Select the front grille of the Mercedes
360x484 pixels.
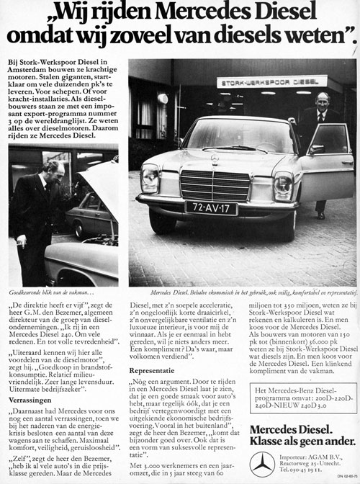pyautogui.click(x=214, y=184)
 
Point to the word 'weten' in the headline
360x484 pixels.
pyautogui.click(x=311, y=34)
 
